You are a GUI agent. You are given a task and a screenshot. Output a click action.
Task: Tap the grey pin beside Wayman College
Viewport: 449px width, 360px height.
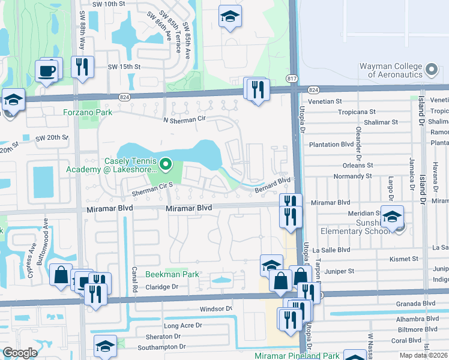point(431,70)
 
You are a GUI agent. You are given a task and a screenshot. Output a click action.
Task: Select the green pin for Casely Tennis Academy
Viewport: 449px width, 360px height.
point(167,162)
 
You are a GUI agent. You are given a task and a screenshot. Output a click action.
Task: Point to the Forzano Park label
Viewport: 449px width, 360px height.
point(88,112)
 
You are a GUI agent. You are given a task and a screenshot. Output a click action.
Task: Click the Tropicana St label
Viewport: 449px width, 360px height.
point(356,112)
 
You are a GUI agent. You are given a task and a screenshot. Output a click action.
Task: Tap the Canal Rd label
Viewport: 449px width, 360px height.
point(133,281)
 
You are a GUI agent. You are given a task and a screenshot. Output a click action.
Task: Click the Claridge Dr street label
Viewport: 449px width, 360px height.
point(163,287)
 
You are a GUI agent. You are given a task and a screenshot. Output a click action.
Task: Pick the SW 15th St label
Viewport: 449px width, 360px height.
point(124,67)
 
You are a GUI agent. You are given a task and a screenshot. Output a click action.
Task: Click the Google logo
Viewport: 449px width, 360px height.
point(20,353)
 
